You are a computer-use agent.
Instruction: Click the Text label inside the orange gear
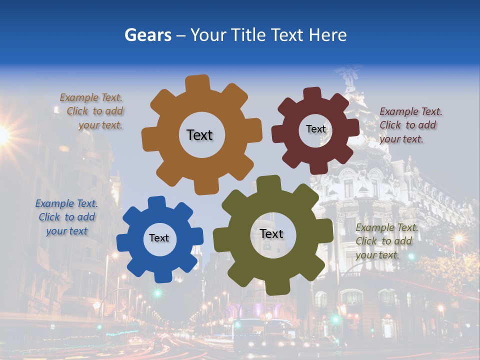(x=199, y=135)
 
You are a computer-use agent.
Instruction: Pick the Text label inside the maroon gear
(x=315, y=129)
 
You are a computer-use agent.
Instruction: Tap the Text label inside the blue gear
(x=159, y=238)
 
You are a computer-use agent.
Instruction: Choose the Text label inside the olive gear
(x=271, y=234)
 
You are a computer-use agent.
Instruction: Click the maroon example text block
(x=410, y=125)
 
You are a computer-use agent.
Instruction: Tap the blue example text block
(x=66, y=217)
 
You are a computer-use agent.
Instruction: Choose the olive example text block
(x=386, y=241)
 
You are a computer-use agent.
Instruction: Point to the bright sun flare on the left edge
(x=3, y=134)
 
